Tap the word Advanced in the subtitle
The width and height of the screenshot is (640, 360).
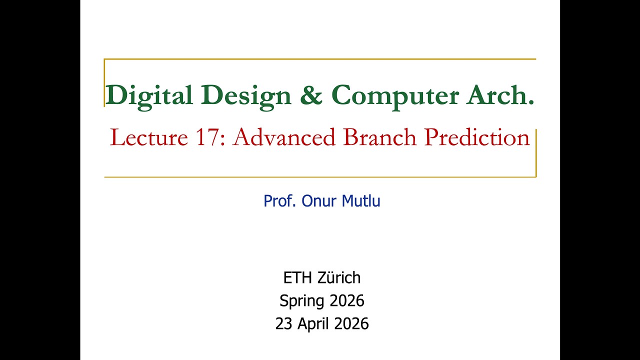286,137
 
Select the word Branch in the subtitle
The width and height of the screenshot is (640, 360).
380,137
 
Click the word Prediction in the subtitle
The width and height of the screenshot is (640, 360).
476,137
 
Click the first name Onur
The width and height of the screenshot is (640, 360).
319,201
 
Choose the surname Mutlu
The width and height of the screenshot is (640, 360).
360,201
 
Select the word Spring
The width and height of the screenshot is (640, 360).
302,301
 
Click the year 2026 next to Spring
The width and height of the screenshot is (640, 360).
346,301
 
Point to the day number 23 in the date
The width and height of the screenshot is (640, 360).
283,324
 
